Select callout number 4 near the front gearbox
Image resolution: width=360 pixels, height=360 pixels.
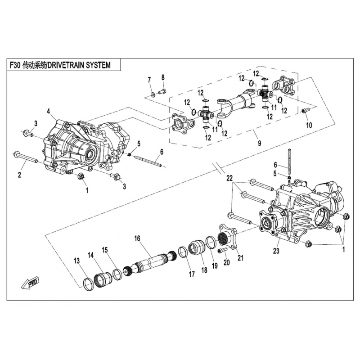[48, 111]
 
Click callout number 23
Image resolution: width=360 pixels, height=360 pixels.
[276, 251]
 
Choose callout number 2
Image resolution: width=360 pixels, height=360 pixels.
[20, 174]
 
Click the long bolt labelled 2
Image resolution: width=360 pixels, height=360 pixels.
[31, 159]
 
